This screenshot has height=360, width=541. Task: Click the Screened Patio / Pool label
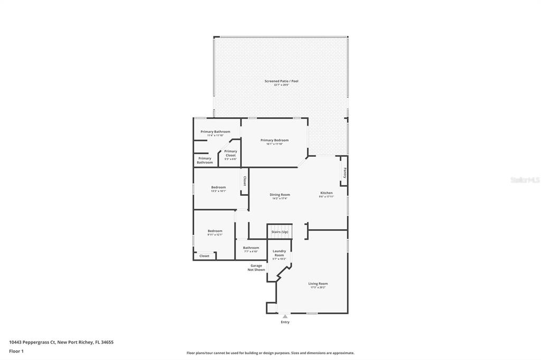point(281,82)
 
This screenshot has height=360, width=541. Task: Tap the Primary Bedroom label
point(274,141)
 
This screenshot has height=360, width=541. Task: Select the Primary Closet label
point(230,154)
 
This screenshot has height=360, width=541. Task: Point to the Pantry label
point(344,173)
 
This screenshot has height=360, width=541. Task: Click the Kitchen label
point(326,195)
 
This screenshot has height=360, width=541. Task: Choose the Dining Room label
point(279,196)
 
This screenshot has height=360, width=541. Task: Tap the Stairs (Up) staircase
point(279,232)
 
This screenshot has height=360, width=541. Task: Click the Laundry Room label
point(279,254)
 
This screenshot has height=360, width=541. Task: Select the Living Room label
point(318,285)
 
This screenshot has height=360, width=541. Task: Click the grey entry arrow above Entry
point(285,316)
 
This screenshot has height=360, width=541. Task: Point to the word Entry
point(285,322)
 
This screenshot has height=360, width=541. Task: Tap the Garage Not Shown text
point(256,268)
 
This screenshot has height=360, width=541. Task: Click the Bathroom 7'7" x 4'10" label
point(251,249)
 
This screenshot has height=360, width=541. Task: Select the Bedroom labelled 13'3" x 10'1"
point(218,189)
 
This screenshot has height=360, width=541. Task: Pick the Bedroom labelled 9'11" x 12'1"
point(214,232)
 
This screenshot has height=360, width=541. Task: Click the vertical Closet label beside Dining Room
point(244,181)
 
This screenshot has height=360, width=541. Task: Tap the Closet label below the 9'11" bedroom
point(204,256)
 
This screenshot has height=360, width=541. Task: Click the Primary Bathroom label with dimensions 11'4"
point(215,133)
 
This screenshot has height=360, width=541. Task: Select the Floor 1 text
point(16,351)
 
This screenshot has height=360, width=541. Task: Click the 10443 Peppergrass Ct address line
point(61,342)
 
